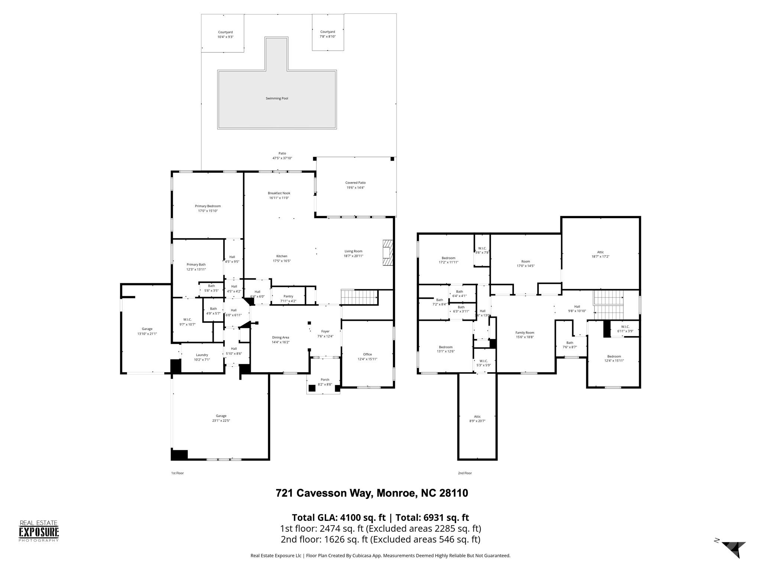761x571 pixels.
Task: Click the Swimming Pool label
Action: (277, 99)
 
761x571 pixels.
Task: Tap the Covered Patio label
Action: (355, 183)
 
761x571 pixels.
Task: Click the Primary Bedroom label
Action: (208, 206)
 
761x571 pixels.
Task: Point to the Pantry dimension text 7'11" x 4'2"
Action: (288, 301)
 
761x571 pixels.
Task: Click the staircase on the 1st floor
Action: (359, 297)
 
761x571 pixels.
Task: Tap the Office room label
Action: (367, 354)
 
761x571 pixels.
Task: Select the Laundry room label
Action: (202, 355)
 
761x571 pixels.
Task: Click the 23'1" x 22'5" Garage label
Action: (221, 416)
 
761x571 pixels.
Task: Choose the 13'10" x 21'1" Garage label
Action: (147, 329)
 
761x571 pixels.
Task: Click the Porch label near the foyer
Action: (325, 380)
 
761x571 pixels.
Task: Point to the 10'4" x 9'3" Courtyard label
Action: (225, 32)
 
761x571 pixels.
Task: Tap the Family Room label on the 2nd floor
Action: (524, 333)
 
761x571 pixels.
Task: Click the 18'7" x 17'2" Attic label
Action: (600, 252)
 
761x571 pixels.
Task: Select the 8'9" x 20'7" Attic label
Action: (477, 417)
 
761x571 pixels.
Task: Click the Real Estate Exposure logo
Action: (39, 531)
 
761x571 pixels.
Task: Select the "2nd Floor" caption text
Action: (464, 473)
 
